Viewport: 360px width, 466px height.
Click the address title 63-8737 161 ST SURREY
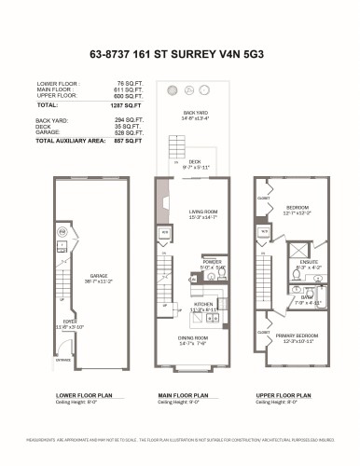tap(179, 53)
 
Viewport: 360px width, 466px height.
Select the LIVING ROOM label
tap(184, 212)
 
